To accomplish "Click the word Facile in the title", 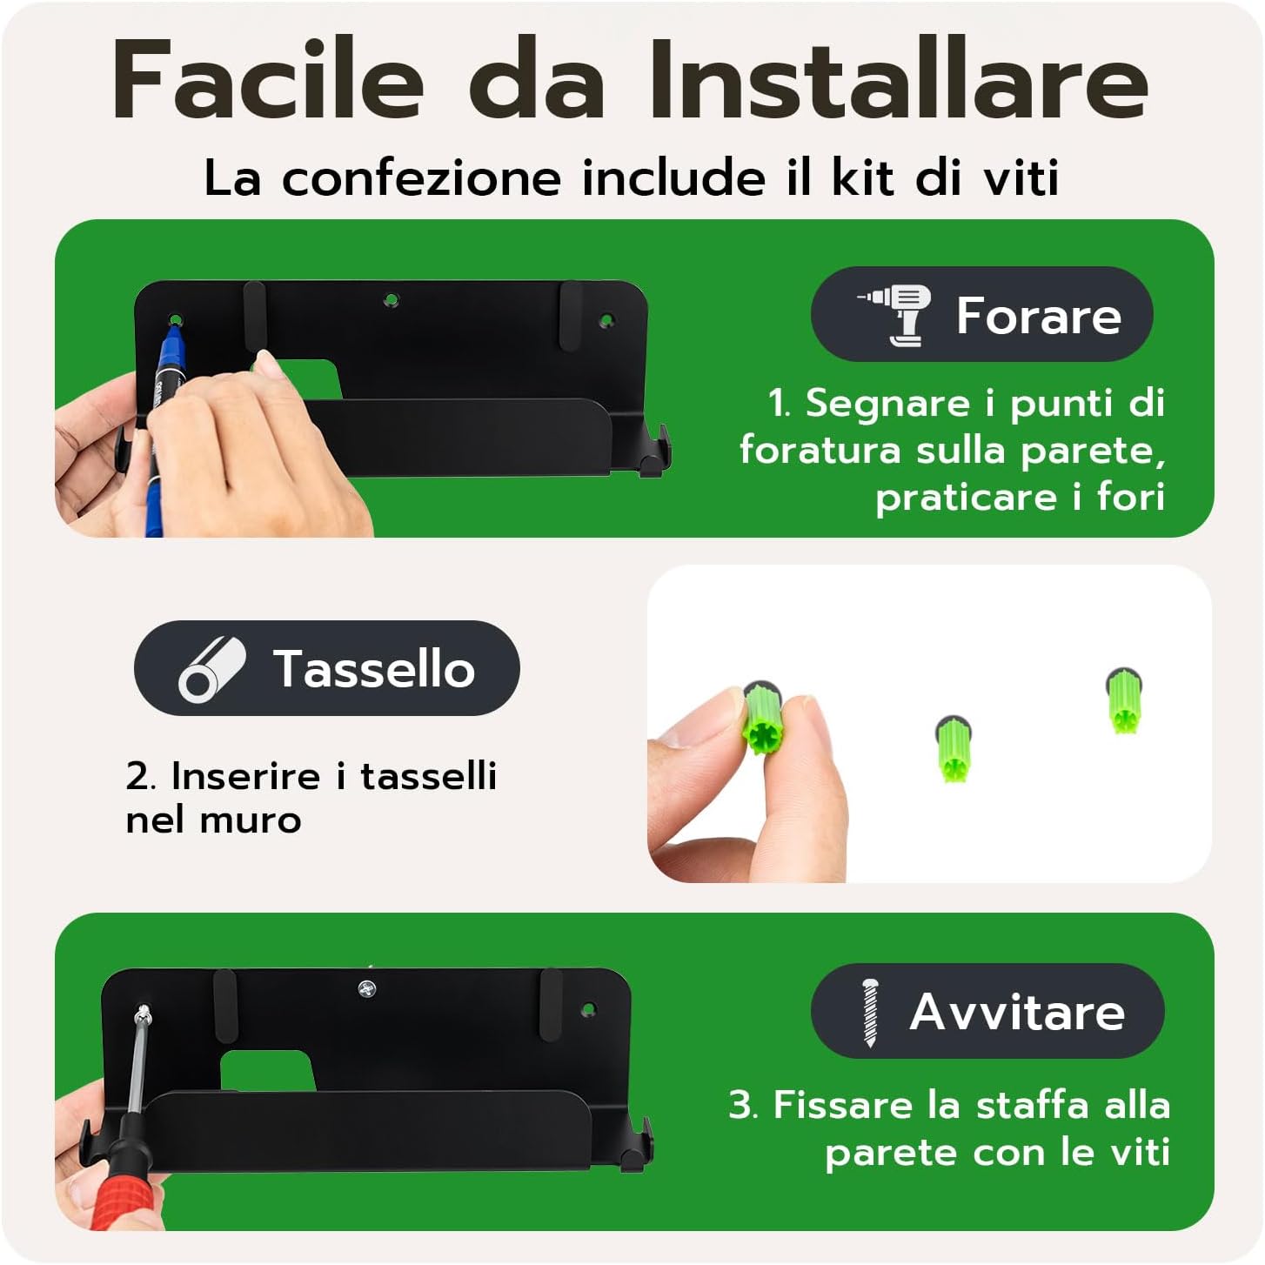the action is pos(269,79).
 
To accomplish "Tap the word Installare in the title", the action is pos(899,79).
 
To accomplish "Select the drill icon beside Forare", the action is pos(894,314).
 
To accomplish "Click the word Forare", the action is pos(1039,316).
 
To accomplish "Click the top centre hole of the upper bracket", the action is pos(392,300).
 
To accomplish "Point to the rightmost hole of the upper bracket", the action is pos(606,321).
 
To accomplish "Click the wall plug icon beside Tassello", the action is pos(211,668).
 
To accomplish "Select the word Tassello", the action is pos(374,668).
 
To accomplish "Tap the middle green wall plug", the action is pos(952,748).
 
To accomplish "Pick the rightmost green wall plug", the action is pos(1123,701).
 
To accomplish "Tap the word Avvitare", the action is pos(1018,1013).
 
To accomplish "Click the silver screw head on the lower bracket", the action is pos(367,988).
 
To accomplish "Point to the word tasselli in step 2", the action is pos(429,777).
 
